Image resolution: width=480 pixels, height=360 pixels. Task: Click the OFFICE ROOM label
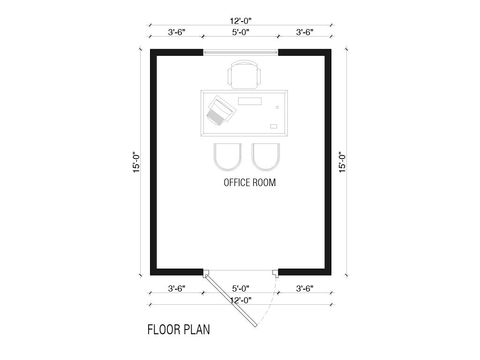(249, 182)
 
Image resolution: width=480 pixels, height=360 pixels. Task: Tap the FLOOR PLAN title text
(179, 330)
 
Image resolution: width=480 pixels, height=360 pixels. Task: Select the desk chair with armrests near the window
(244, 75)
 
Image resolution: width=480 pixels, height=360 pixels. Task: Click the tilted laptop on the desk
(222, 110)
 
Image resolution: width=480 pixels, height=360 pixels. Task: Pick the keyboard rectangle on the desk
(250, 101)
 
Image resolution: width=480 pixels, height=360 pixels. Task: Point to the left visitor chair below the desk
(227, 157)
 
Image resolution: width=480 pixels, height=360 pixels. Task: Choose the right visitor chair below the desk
(266, 157)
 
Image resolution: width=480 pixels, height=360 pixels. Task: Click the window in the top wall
(240, 52)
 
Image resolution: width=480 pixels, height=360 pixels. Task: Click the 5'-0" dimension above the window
(240, 32)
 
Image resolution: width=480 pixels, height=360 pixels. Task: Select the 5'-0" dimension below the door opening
(240, 288)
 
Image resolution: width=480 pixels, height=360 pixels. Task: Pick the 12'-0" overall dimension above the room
(240, 21)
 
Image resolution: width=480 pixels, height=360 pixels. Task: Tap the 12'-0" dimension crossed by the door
(240, 300)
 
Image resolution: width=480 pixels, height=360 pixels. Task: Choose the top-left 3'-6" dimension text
(177, 32)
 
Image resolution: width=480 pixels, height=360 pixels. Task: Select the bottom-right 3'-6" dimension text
(305, 288)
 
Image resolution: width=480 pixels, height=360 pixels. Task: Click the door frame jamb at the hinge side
(206, 273)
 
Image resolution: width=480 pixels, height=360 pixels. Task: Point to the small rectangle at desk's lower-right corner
(274, 127)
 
